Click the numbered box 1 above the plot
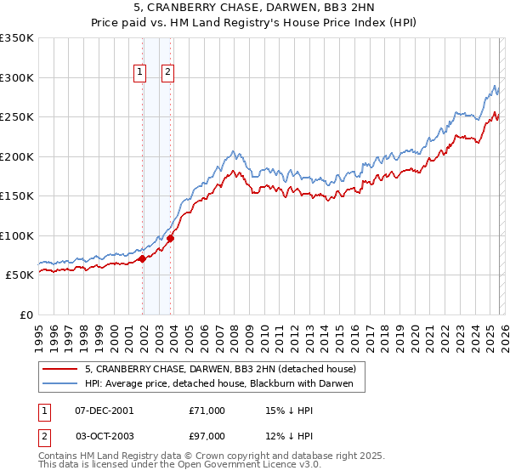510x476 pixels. click(x=139, y=73)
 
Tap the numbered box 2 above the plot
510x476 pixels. click(x=168, y=73)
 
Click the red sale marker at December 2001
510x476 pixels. click(x=142, y=259)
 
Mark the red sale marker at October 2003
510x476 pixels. click(x=170, y=239)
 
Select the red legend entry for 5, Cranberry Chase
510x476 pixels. click(x=225, y=369)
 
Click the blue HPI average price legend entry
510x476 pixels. click(x=224, y=384)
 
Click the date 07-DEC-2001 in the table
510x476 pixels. click(x=105, y=411)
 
